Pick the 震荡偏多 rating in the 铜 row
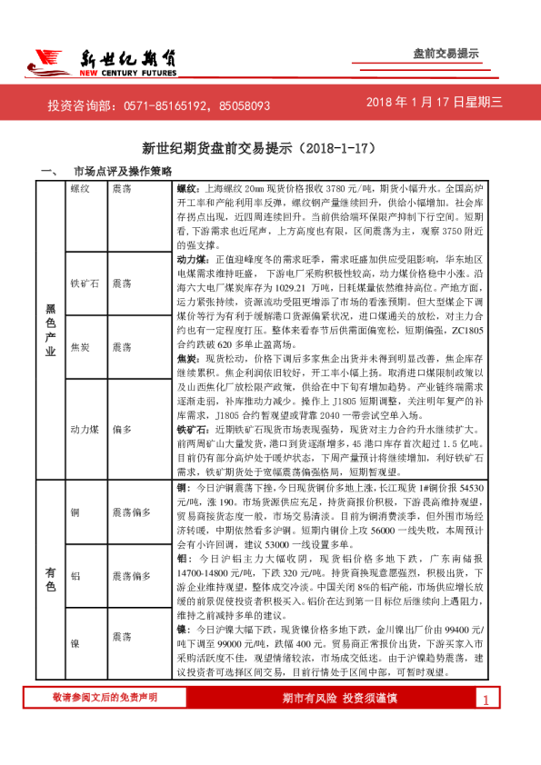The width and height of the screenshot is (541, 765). click(x=131, y=512)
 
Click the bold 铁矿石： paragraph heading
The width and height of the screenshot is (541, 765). click(x=192, y=426)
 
